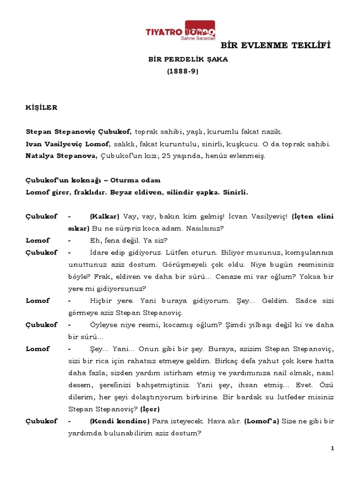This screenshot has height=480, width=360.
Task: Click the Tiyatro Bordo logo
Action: click(181, 31)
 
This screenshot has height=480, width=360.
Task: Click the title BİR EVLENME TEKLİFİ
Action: click(276, 46)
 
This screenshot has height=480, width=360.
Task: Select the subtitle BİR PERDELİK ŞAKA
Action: click(188, 60)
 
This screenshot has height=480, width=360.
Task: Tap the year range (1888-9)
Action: click(183, 72)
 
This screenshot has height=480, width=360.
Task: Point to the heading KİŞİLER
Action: click(41, 107)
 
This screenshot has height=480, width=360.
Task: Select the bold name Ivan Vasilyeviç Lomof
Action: click(67, 144)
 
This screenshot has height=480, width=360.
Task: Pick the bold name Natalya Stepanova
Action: click(61, 156)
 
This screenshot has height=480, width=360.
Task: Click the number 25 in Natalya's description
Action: click(166, 156)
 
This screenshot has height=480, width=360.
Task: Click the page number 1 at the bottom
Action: click(332, 449)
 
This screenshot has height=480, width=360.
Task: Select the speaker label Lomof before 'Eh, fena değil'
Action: click(37, 240)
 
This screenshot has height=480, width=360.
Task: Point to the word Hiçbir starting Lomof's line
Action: click(102, 300)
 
